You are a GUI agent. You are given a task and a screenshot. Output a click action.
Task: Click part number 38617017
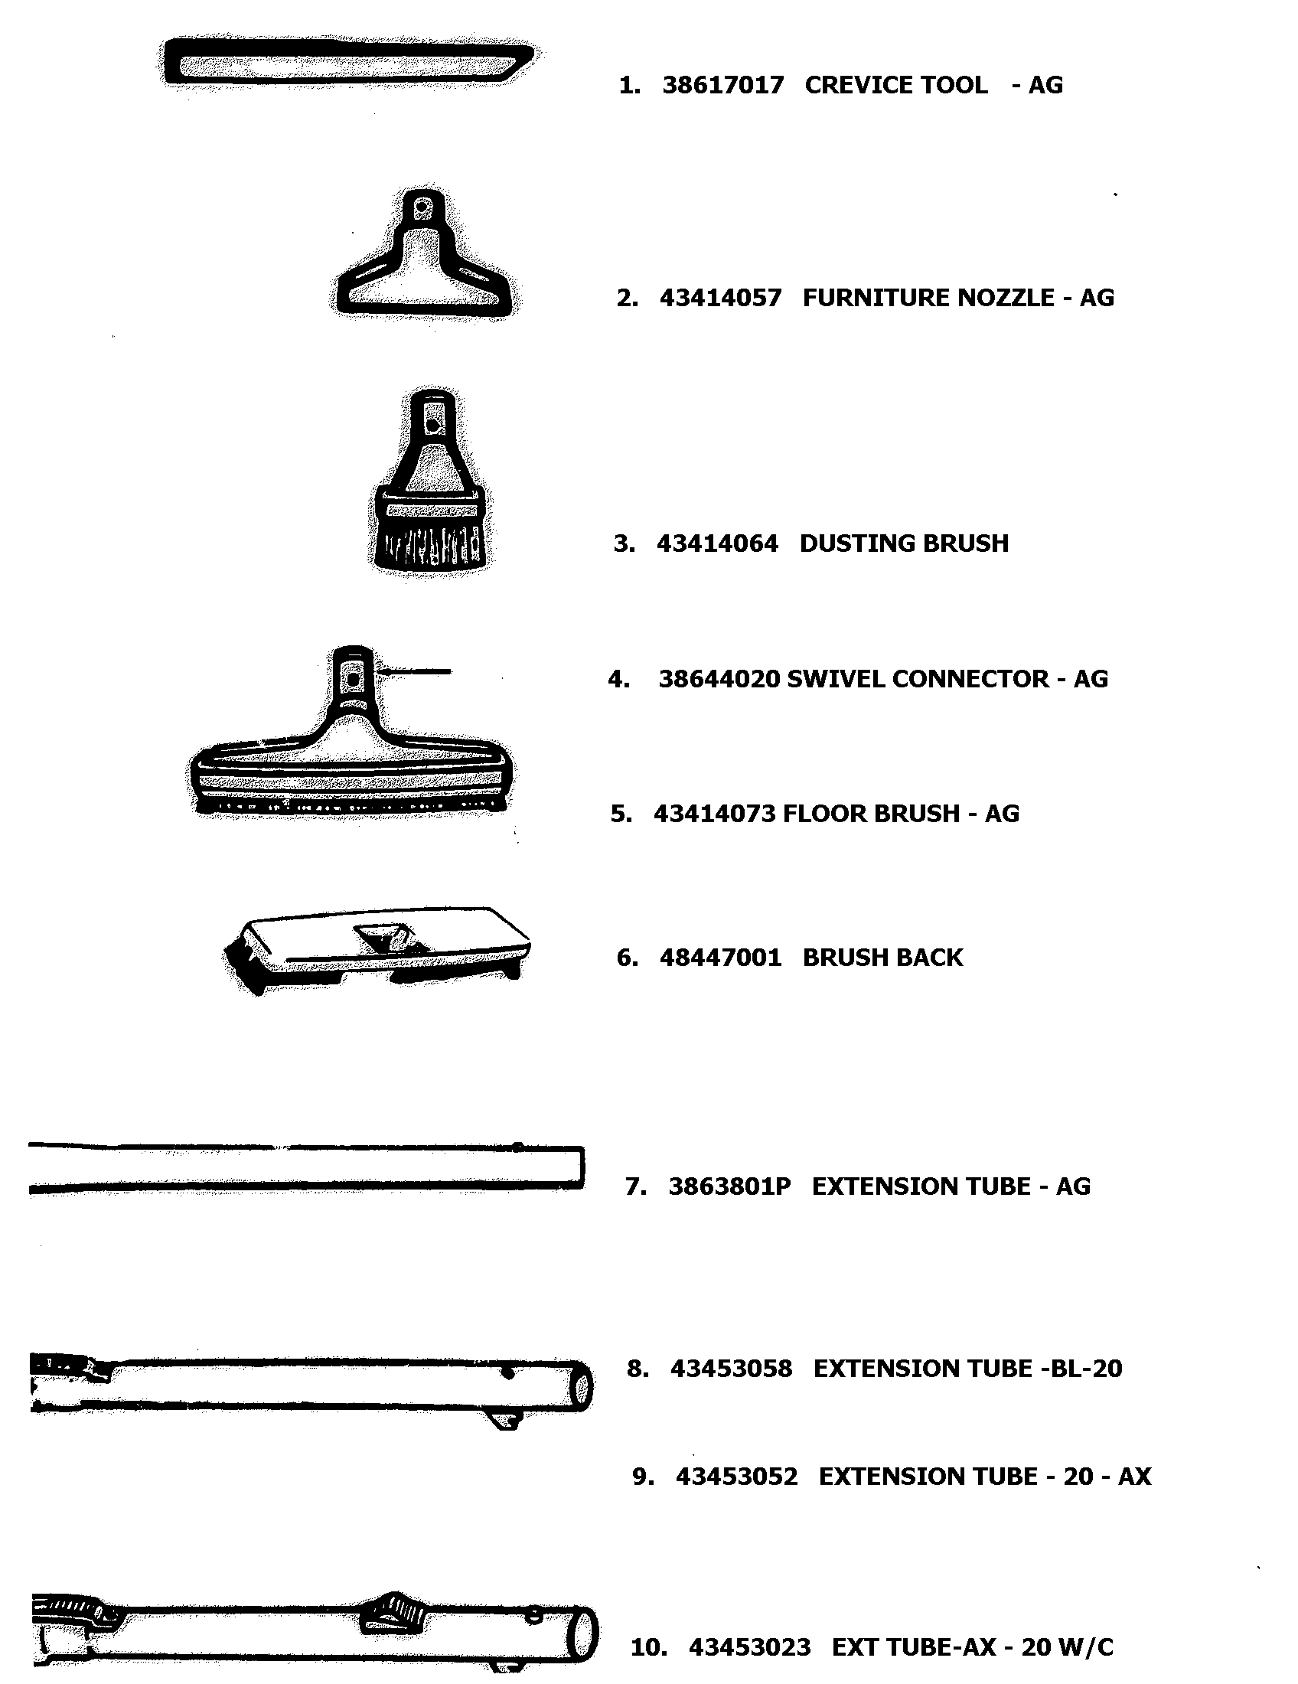tap(722, 85)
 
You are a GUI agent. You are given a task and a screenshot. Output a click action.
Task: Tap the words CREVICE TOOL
tap(895, 85)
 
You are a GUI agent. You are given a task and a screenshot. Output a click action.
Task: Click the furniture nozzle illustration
tap(424, 270)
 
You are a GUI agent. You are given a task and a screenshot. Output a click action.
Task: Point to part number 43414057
tap(720, 298)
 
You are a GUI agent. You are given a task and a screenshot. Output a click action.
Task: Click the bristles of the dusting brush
tap(430, 543)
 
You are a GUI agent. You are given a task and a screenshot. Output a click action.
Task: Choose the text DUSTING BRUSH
tap(903, 543)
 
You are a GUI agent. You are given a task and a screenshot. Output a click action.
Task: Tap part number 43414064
tap(717, 543)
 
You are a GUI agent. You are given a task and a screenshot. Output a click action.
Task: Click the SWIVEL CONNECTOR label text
tap(917, 678)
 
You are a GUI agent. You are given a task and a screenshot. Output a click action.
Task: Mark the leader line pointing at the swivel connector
tap(416, 672)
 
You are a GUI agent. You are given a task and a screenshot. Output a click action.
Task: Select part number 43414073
tap(715, 814)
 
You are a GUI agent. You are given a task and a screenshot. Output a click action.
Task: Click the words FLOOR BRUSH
tap(870, 814)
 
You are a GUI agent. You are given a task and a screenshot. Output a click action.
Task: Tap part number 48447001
tap(720, 958)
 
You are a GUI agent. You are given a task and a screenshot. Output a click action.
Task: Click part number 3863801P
tap(729, 1186)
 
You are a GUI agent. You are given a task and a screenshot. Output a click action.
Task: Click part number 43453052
tap(736, 1476)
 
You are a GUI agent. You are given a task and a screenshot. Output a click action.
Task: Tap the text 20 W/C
tap(1067, 1647)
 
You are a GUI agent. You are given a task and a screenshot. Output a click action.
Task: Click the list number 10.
tap(647, 1647)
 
